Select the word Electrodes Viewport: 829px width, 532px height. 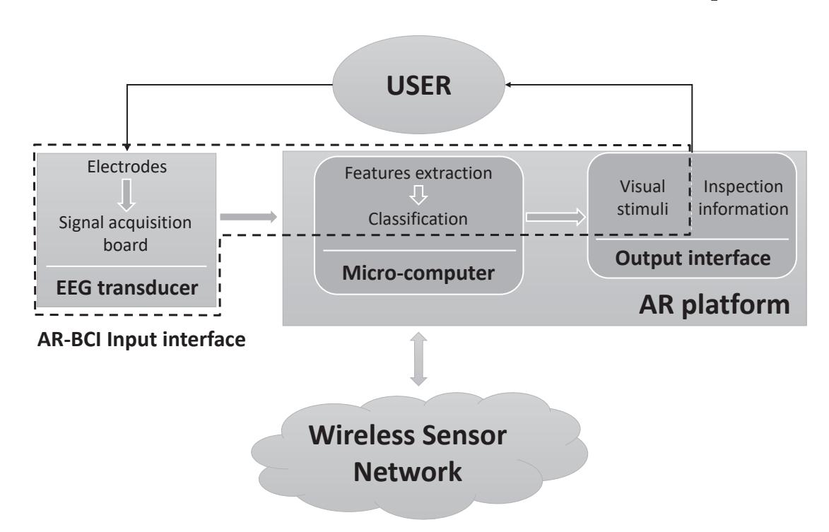coord(126,169)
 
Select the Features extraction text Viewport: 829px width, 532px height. coord(418,172)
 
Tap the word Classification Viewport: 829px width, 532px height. coord(418,219)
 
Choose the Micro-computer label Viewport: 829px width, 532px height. coord(418,272)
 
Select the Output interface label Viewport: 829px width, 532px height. coord(692,258)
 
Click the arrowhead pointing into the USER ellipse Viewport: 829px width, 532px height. coord(509,85)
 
